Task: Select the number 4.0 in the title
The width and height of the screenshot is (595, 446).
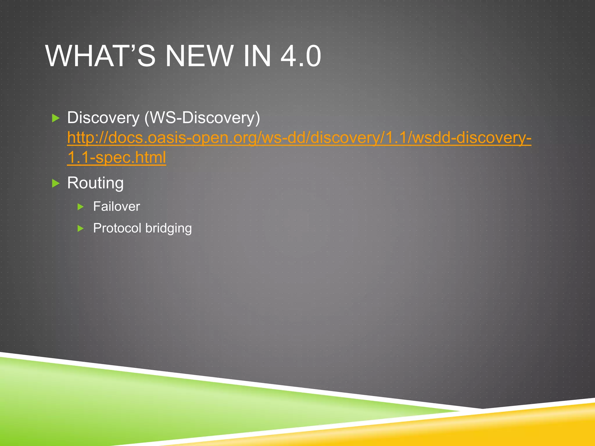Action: tap(301, 56)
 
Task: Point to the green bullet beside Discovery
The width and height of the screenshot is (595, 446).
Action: tap(55, 118)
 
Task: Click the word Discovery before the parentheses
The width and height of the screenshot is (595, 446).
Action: tap(103, 118)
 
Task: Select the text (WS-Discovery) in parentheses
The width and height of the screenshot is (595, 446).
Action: tap(202, 118)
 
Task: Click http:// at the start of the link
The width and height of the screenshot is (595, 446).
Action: tap(87, 138)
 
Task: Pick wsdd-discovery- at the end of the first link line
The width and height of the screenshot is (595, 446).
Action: tap(472, 138)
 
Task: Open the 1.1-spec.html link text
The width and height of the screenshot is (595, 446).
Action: tap(117, 157)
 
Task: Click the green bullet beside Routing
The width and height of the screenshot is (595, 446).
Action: tap(55, 184)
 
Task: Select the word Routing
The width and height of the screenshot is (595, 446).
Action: tap(95, 183)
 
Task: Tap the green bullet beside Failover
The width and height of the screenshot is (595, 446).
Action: tap(81, 207)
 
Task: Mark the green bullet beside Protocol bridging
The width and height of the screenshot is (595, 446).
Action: tap(81, 229)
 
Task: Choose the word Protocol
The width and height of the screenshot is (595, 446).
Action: tap(117, 228)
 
